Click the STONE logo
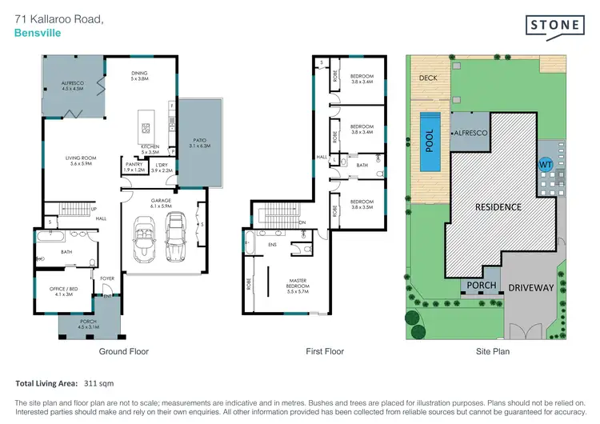(554, 26)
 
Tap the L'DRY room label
(162, 165)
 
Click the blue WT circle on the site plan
(547, 163)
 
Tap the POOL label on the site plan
(430, 141)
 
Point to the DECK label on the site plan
(427, 78)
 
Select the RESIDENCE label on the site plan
(499, 207)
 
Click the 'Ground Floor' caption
(123, 350)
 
